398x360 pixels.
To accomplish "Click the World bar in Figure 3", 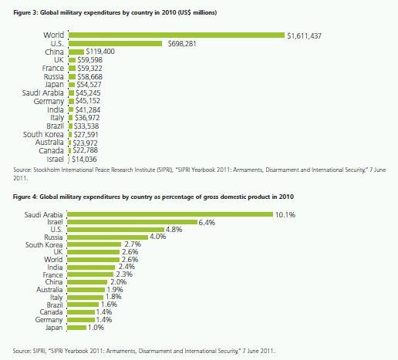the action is click(x=177, y=35).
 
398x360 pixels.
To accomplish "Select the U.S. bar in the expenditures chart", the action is click(x=116, y=44).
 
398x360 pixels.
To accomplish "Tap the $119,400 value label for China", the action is click(x=100, y=52).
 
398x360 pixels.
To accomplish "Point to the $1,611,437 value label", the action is click(x=304, y=35).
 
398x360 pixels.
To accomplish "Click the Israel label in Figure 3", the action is click(x=55, y=160).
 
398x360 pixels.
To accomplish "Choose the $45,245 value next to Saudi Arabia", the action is click(x=88, y=93).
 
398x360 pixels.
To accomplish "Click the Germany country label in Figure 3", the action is click(x=49, y=102).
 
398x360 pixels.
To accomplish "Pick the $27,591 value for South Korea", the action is click(x=86, y=135).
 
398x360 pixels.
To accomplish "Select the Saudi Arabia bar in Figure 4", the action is click(x=170, y=214).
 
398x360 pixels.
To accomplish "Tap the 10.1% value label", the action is click(x=285, y=214).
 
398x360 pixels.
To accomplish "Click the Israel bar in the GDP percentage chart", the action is click(x=132, y=222).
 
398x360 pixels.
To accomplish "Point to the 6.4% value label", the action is click(x=207, y=222).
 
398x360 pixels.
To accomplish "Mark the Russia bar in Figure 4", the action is click(x=108, y=237).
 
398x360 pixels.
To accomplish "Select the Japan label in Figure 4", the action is click(x=54, y=328).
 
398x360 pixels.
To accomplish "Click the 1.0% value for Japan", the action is click(x=96, y=328).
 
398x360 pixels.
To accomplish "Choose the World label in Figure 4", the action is click(x=53, y=260).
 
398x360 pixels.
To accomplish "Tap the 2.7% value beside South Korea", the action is click(x=133, y=244).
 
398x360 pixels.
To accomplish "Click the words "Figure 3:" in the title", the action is click(x=25, y=12).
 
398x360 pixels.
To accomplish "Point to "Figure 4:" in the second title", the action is click(x=25, y=197).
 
